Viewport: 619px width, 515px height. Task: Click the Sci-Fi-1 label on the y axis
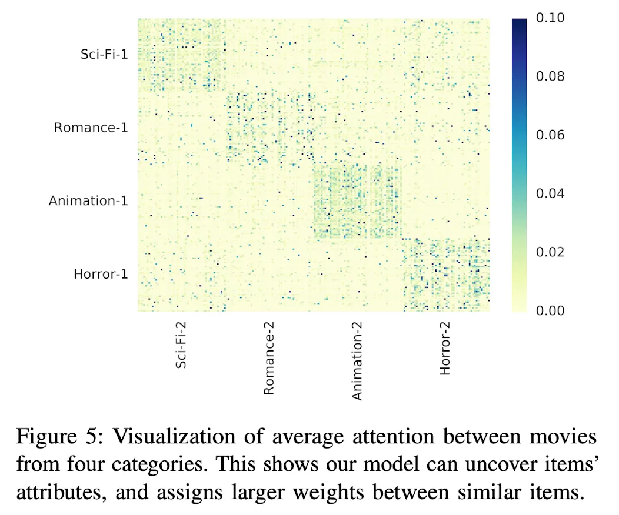click(x=104, y=54)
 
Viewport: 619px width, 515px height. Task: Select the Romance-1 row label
click(x=91, y=127)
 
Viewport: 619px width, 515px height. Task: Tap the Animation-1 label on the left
click(x=88, y=200)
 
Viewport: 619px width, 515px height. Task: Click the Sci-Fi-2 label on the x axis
click(x=182, y=343)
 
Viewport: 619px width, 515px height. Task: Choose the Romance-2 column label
click(x=269, y=357)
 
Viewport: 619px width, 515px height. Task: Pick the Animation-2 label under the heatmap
click(x=357, y=360)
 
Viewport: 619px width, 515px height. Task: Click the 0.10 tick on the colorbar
click(x=550, y=18)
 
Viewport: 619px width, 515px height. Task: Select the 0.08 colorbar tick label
click(x=550, y=76)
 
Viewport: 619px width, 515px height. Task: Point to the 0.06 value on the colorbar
click(x=550, y=135)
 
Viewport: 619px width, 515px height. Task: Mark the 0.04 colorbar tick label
click(x=550, y=193)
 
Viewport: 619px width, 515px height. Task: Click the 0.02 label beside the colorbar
click(x=550, y=252)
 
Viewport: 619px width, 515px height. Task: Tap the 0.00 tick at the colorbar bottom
click(x=550, y=310)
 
